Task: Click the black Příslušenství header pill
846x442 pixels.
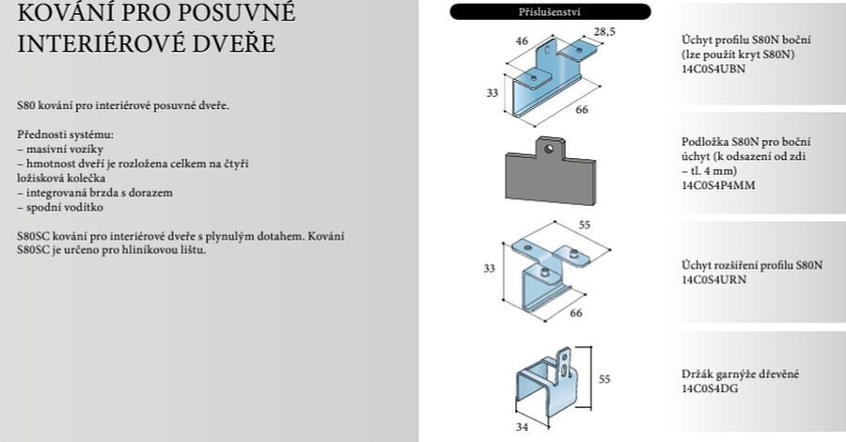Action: (550, 11)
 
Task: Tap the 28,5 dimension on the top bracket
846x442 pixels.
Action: (604, 32)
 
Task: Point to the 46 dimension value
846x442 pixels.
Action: (522, 41)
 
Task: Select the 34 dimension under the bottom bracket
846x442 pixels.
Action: (522, 427)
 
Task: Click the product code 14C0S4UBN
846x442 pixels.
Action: (713, 69)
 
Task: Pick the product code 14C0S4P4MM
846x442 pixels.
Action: (718, 185)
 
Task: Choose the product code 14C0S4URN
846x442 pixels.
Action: (713, 279)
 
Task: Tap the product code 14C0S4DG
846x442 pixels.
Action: (710, 388)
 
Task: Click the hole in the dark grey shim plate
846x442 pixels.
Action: (549, 149)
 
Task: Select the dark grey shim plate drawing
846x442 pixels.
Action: (550, 171)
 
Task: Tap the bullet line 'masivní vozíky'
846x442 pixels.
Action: (60, 150)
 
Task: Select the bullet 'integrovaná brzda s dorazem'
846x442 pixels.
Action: (95, 193)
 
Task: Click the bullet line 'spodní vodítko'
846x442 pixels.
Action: (60, 207)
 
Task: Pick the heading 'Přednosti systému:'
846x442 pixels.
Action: (65, 134)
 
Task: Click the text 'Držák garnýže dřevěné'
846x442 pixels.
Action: (741, 374)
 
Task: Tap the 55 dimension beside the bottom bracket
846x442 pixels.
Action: (604, 379)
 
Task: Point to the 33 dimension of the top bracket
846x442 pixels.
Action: (492, 93)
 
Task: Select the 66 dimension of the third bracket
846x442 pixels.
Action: (576, 313)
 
